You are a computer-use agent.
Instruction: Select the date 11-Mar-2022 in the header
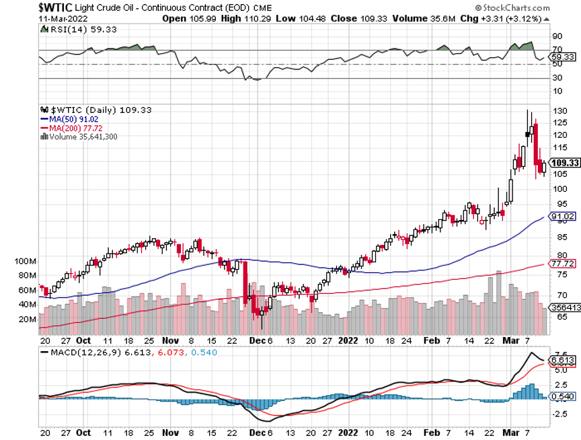click(x=26, y=18)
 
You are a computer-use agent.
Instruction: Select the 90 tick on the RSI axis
click(x=557, y=36)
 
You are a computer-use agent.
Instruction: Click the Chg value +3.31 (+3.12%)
click(x=524, y=18)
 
